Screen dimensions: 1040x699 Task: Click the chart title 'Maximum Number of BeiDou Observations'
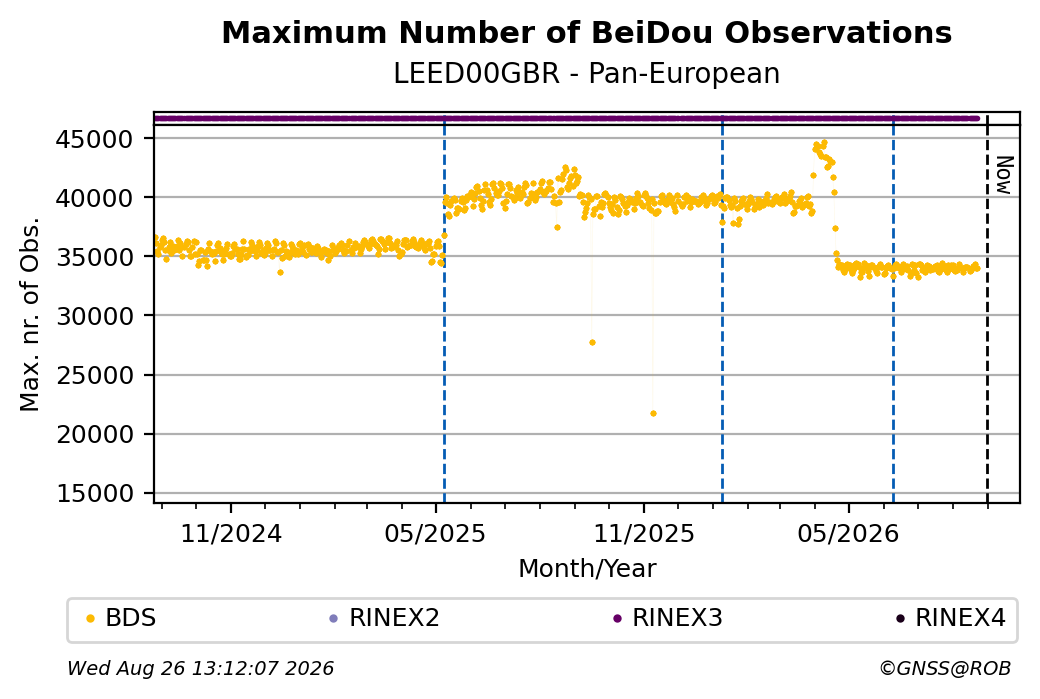[586, 32]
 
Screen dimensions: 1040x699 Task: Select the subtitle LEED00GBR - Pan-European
[586, 73]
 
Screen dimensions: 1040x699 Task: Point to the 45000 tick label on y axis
[95, 139]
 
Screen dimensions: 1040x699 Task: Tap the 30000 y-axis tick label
[95, 316]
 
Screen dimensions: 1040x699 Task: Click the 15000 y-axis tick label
[95, 494]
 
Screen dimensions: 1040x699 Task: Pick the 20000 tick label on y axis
[95, 435]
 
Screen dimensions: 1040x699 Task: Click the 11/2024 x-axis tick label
[231, 533]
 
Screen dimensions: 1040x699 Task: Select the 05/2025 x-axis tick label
[435, 533]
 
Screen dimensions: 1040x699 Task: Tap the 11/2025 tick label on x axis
[643, 533]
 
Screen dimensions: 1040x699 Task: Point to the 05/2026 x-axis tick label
[848, 533]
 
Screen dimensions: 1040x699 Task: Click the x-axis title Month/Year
[587, 568]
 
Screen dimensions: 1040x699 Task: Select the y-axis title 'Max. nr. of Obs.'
[30, 314]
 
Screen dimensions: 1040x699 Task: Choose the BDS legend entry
[121, 618]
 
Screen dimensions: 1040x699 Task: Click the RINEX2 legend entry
[385, 618]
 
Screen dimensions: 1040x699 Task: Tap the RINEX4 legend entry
[950, 618]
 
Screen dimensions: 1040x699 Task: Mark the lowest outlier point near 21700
[653, 414]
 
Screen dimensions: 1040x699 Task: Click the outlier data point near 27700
[592, 343]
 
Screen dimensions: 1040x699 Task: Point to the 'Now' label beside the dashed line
[1005, 175]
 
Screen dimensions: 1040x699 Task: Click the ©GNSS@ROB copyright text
[945, 668]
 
